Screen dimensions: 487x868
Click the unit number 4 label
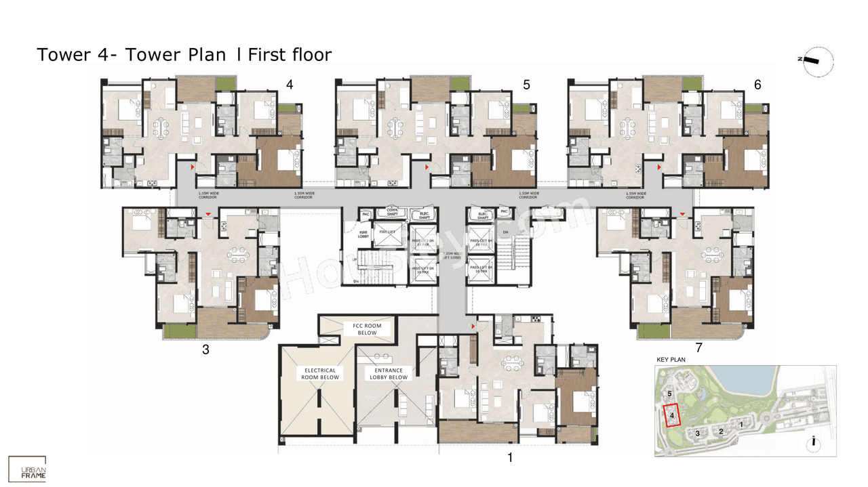[x=290, y=85]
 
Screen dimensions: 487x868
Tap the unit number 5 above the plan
[x=526, y=85]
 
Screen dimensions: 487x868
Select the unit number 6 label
[x=757, y=85]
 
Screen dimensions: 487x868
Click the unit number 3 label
[x=205, y=350]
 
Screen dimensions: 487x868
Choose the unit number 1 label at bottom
[x=510, y=458]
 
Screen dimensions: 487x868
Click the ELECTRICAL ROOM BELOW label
[x=321, y=374]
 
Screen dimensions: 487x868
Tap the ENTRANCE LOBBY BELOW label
[x=389, y=374]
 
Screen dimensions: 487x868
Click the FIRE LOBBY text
[x=363, y=234]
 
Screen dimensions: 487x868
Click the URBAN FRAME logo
[x=28, y=469]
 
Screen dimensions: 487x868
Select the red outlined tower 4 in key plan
[x=670, y=415]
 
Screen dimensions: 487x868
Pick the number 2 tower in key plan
[x=722, y=431]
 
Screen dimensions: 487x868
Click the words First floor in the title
[x=290, y=54]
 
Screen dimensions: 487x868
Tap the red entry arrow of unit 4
[x=193, y=166]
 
